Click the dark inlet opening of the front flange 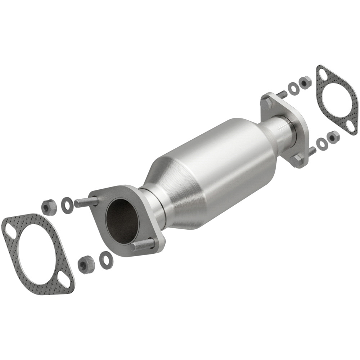point(122,220)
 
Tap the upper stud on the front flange point(86,202)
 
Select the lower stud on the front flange point(142,245)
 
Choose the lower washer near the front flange point(106,260)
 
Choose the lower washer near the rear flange point(321,143)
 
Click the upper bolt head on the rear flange point(267,104)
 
